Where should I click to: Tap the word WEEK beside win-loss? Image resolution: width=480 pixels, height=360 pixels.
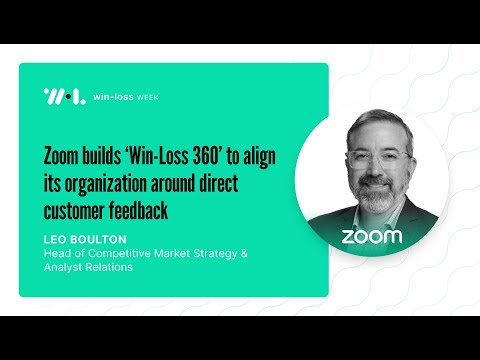point(145,97)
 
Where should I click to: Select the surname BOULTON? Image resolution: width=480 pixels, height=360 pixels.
point(99,240)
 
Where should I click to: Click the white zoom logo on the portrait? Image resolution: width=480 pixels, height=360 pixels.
point(372,237)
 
